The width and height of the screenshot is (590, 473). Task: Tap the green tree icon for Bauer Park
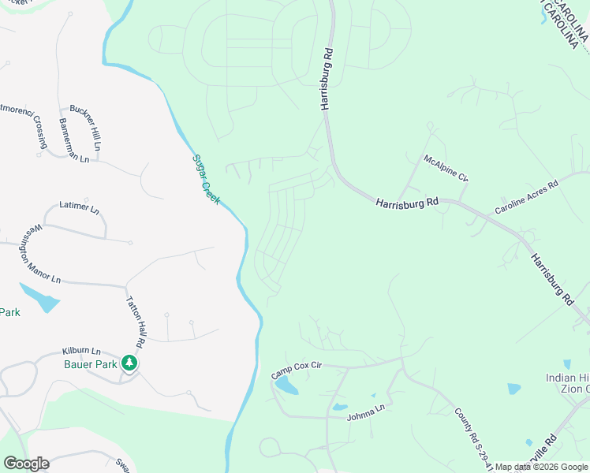[129, 363]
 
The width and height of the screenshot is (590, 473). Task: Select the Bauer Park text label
[91, 364]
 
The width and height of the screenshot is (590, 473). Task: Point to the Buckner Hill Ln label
[86, 126]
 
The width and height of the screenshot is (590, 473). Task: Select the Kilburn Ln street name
[81, 351]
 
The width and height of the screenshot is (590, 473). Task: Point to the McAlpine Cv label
[446, 168]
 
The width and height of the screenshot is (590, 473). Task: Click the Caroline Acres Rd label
[526, 197]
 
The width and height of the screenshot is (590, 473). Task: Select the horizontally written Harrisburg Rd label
[407, 203]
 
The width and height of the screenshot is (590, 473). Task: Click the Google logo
[26, 464]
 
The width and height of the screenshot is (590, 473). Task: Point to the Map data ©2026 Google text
[541, 467]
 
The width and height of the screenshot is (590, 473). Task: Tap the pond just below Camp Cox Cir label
[287, 386]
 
